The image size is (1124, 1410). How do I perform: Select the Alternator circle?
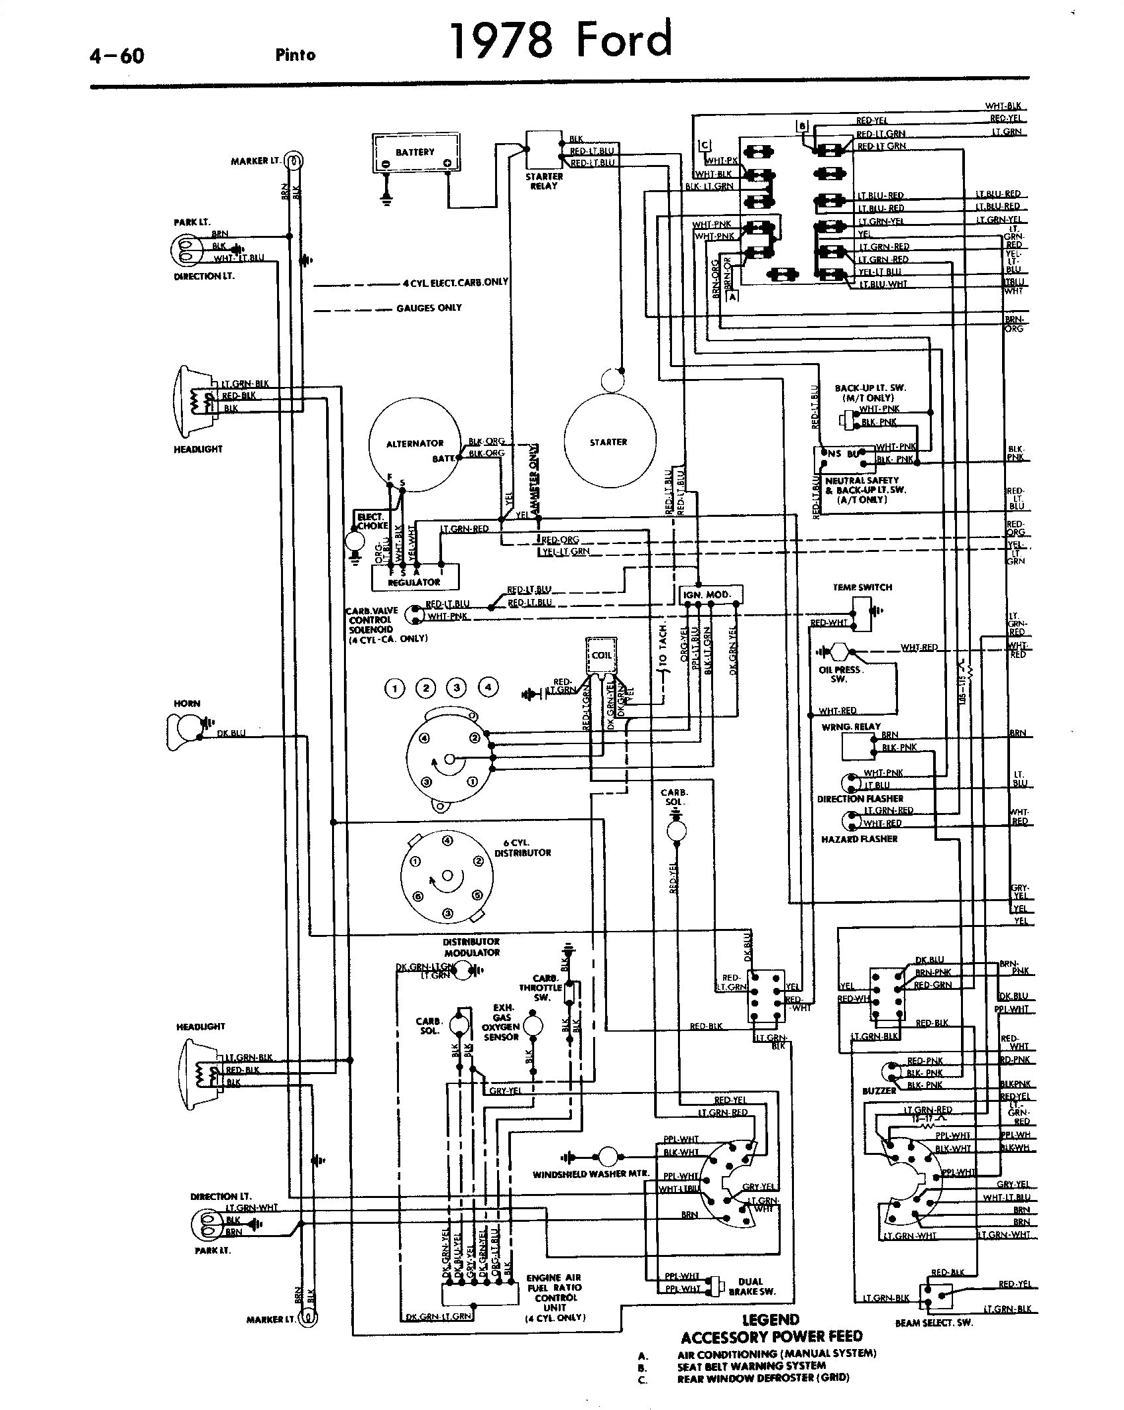point(415,443)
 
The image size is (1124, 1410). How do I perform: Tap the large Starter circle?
point(609,441)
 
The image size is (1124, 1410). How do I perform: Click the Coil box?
point(601,656)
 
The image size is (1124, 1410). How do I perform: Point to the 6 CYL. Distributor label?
point(523,848)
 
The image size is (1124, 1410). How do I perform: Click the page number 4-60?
point(117,56)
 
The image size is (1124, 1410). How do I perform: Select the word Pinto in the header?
point(296,55)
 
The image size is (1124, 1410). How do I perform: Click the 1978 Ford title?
point(561,40)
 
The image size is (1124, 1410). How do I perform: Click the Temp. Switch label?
point(862,587)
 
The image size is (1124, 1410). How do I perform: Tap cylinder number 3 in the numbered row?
point(456,688)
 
